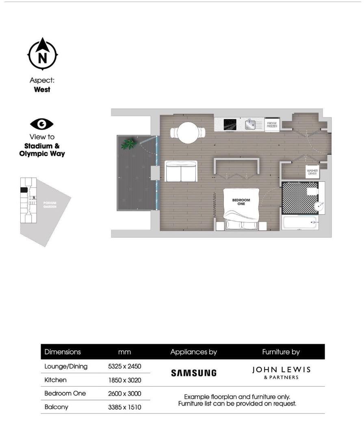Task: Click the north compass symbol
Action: pyautogui.click(x=42, y=54)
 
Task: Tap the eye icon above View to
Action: pyautogui.click(x=42, y=124)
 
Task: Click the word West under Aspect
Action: pyautogui.click(x=42, y=89)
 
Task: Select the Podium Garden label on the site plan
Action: pyautogui.click(x=50, y=204)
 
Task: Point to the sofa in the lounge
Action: pyautogui.click(x=181, y=171)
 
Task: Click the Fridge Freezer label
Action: pyautogui.click(x=272, y=125)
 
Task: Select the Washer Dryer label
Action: pyautogui.click(x=312, y=172)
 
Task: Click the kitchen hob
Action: pyautogui.click(x=230, y=124)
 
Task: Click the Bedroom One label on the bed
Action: pyautogui.click(x=241, y=202)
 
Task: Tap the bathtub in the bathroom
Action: pyautogui.click(x=300, y=222)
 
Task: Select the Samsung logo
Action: pyautogui.click(x=193, y=373)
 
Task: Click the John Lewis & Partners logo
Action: pyautogui.click(x=281, y=372)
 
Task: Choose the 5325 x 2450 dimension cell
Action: pyautogui.click(x=124, y=366)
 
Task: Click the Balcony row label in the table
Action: pyautogui.click(x=56, y=406)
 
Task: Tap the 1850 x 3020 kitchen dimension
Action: pyautogui.click(x=124, y=380)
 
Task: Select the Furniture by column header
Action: pyautogui.click(x=281, y=352)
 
